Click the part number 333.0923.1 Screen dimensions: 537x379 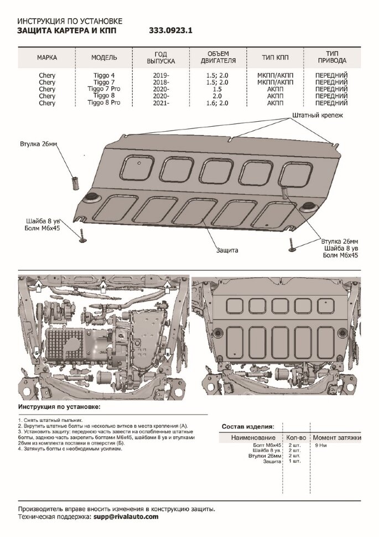(173, 32)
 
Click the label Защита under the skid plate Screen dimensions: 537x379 (227, 250)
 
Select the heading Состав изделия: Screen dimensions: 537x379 (247, 427)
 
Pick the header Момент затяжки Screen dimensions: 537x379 (338, 437)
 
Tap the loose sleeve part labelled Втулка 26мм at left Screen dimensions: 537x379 (76, 181)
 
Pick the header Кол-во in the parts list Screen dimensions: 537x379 (298, 437)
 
